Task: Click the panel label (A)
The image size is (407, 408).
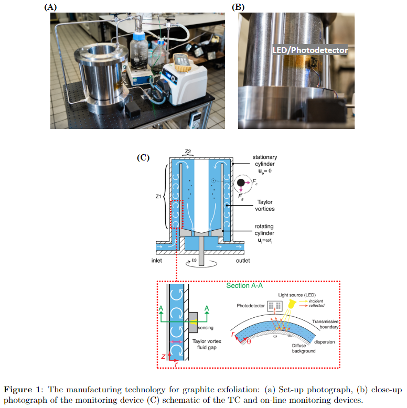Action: (x=50, y=7)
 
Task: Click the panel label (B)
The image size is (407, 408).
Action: (x=239, y=7)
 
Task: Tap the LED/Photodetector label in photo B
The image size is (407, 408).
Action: (x=310, y=50)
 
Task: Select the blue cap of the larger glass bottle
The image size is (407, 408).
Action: (x=138, y=37)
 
